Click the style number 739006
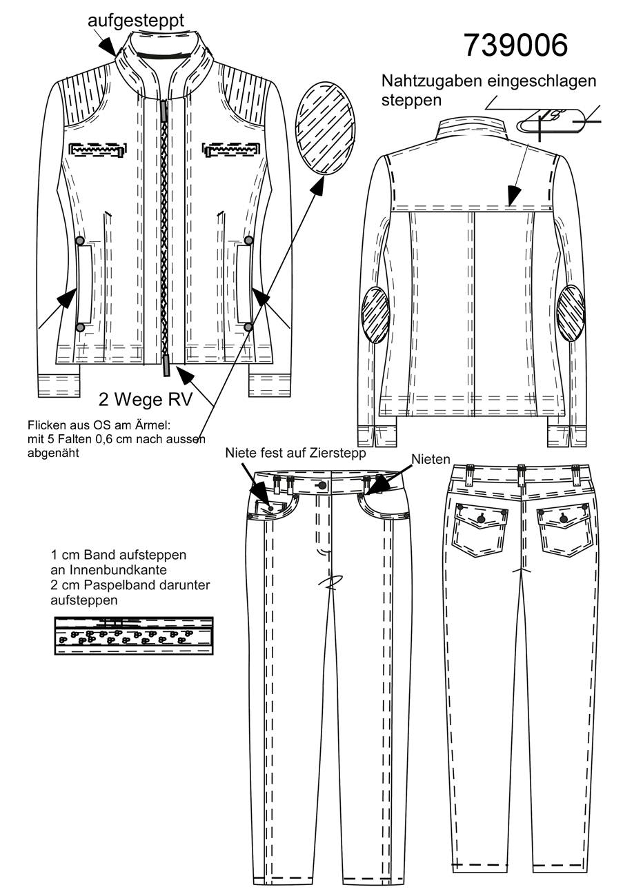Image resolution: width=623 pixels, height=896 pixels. click(x=515, y=44)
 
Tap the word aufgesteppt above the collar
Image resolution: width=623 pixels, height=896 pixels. click(x=136, y=20)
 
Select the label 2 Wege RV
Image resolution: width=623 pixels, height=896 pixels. click(x=146, y=399)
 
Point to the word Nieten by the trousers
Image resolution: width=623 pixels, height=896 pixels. click(x=431, y=459)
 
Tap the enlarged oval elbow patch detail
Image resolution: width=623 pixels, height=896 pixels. click(x=325, y=128)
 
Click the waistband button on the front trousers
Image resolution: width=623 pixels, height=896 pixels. click(x=323, y=486)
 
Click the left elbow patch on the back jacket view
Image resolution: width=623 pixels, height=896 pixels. click(x=375, y=315)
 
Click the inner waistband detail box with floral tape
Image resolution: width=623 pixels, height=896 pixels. click(x=133, y=635)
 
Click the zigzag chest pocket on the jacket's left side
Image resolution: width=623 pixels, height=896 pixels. click(x=99, y=149)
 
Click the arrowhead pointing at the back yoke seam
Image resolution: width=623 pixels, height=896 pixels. click(x=514, y=196)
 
